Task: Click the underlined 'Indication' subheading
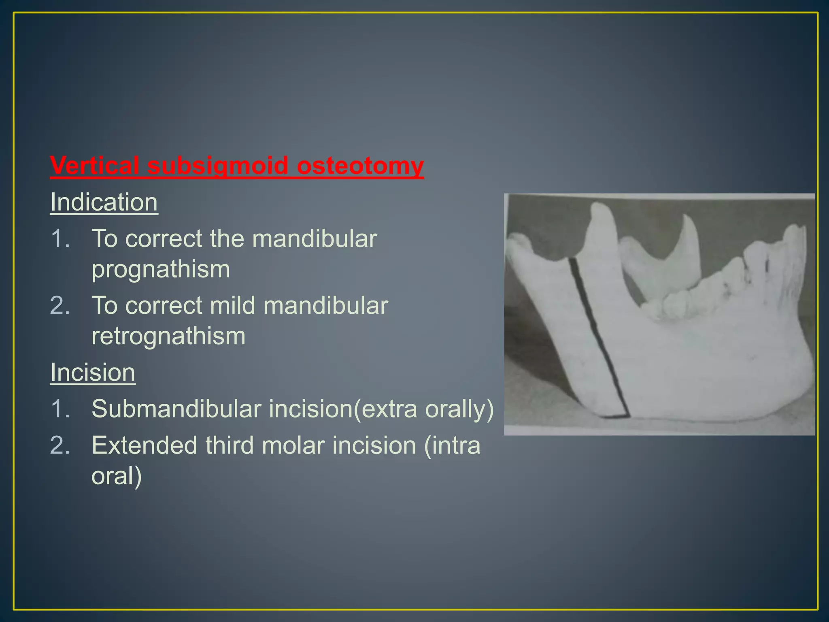[x=104, y=202]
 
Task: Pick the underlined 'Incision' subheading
[x=93, y=372]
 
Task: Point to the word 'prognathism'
[x=161, y=269]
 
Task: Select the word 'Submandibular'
[x=176, y=409]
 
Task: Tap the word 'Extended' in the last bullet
[x=145, y=445]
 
